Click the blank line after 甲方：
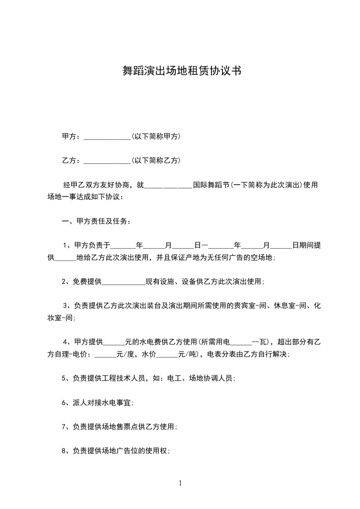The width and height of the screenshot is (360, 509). (107, 137)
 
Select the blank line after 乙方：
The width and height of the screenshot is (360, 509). (107, 161)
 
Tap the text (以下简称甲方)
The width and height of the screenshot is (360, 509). (156, 136)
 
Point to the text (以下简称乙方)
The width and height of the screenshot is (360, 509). (156, 160)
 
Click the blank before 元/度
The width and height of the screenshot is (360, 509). (105, 354)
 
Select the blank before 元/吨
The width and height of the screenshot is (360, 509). (168, 354)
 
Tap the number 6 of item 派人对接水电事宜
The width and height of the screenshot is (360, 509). (64, 402)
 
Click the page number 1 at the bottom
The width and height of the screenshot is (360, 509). (180, 483)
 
